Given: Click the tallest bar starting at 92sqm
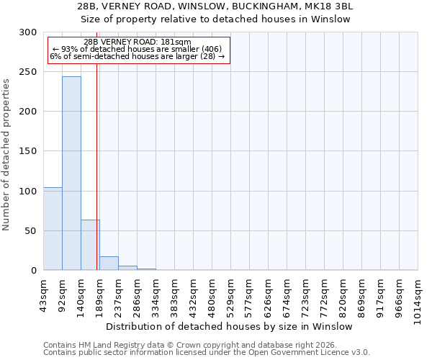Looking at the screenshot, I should (71, 173).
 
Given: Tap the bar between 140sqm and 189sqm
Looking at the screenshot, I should (90, 245).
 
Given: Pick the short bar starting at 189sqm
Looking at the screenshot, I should (109, 264).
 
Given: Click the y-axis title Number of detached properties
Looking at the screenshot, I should (6, 155).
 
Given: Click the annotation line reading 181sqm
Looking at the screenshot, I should (137, 42).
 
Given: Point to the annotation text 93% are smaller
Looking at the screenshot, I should (137, 49).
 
